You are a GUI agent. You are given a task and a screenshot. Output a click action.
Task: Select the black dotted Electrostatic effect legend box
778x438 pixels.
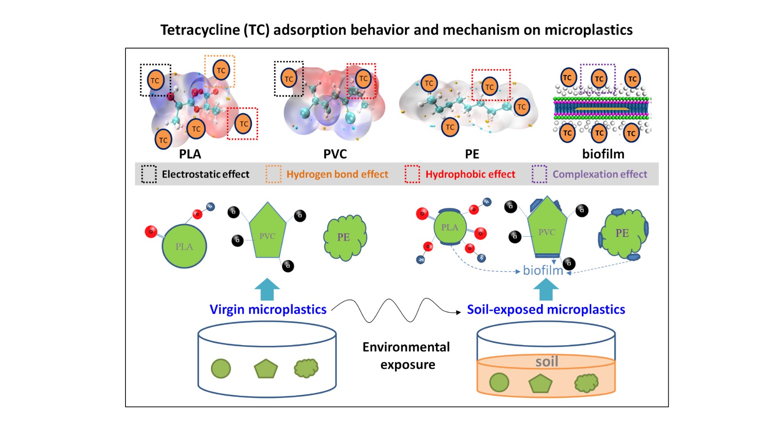tap(149, 174)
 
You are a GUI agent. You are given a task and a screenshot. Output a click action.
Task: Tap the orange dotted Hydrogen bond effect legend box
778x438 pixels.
tap(273, 174)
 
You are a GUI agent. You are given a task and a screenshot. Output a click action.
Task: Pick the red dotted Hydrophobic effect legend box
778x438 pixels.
tap(412, 174)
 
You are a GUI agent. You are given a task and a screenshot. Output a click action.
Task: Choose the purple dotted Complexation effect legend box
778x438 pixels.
tap(539, 174)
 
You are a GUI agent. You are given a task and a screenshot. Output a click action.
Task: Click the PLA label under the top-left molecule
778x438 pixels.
tap(190, 154)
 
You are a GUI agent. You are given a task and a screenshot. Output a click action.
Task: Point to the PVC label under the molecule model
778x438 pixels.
tap(335, 154)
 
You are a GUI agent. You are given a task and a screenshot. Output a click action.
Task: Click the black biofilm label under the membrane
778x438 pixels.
tap(603, 154)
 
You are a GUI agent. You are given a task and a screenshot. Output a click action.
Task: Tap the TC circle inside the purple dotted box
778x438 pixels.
tap(599, 79)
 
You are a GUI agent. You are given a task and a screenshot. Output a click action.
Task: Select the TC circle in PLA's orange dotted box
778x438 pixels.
tap(221, 70)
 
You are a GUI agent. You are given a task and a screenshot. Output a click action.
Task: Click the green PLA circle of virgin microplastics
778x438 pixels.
tap(184, 246)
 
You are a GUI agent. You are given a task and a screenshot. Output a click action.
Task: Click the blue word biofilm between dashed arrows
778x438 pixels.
tap(543, 271)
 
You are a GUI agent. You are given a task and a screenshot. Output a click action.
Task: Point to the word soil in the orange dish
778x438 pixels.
tap(547, 361)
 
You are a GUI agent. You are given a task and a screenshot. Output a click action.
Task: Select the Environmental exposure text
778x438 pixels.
tap(407, 356)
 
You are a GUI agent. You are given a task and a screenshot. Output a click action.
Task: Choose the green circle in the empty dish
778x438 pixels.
tap(221, 369)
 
